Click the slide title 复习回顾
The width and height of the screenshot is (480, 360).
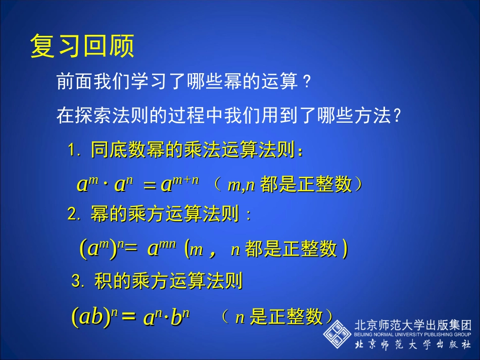click(82, 46)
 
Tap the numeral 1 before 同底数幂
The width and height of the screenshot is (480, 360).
click(72, 150)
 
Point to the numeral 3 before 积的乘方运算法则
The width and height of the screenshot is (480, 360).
click(76, 281)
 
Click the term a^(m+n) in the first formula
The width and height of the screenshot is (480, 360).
click(180, 184)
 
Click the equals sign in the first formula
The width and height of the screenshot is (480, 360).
click(150, 185)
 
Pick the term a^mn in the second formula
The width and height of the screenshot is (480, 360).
click(162, 248)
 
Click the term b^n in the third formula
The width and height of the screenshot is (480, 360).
click(180, 318)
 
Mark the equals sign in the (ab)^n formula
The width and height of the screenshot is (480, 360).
click(129, 317)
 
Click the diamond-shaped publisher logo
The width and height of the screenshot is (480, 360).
click(337, 333)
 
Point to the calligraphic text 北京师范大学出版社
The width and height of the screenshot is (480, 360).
click(412, 345)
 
